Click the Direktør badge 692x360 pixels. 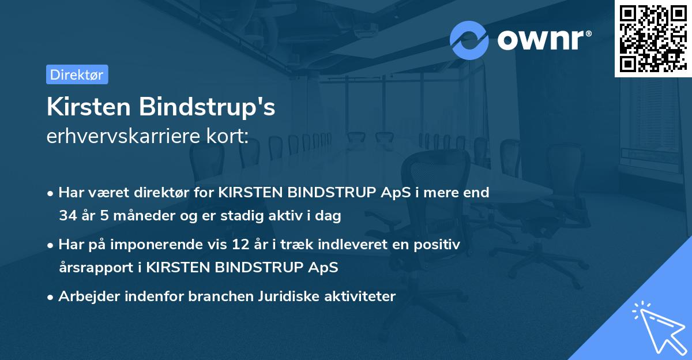click(x=77, y=74)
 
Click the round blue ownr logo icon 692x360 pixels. click(x=469, y=40)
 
